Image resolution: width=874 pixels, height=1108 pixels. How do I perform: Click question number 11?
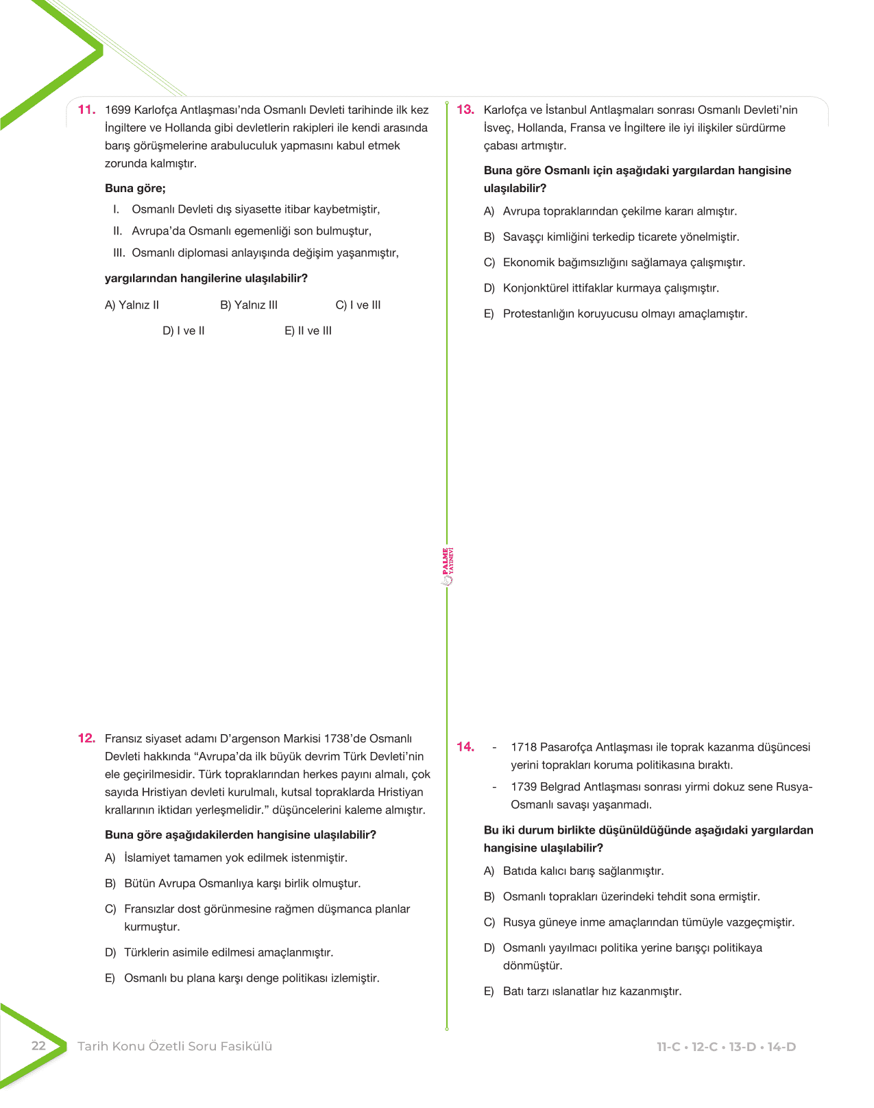click(86, 110)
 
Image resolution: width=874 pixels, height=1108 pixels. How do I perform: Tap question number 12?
click(86, 738)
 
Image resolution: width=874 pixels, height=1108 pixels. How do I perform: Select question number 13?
click(465, 110)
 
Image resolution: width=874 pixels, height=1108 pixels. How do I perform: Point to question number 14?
click(465, 747)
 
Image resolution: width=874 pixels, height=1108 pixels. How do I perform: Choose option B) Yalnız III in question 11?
click(249, 305)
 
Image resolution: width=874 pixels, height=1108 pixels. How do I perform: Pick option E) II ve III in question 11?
click(308, 331)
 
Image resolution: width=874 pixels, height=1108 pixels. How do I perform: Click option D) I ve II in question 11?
click(184, 331)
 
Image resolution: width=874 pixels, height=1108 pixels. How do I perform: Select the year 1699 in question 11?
click(117, 110)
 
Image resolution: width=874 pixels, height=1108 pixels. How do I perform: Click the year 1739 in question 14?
click(524, 787)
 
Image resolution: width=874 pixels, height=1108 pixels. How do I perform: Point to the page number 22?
click(38, 1046)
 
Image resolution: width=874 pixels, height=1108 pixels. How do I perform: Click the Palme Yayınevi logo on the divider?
click(447, 566)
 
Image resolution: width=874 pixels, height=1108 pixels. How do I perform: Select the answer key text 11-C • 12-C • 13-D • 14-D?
click(726, 1047)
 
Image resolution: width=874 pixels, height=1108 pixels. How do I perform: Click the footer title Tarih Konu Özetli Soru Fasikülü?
click(175, 1046)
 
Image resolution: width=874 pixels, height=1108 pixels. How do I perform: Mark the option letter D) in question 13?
click(489, 288)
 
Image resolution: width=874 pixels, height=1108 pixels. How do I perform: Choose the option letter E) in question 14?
click(489, 991)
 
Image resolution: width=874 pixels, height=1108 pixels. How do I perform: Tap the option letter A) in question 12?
click(110, 858)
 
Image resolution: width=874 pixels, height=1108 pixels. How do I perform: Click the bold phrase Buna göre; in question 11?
click(135, 189)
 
